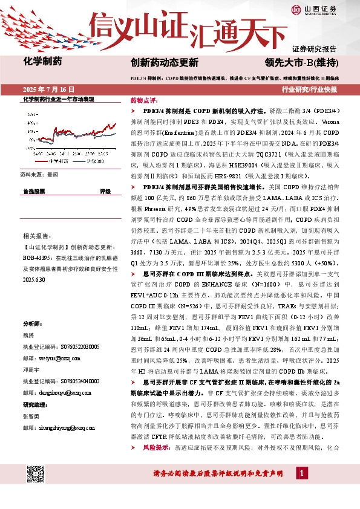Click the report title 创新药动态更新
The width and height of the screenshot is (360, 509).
164,62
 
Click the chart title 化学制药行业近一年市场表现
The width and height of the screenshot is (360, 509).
58,99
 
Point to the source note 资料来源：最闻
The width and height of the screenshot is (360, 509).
39,174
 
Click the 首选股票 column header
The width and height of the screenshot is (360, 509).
34,191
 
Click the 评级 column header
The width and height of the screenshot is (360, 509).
105,191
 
